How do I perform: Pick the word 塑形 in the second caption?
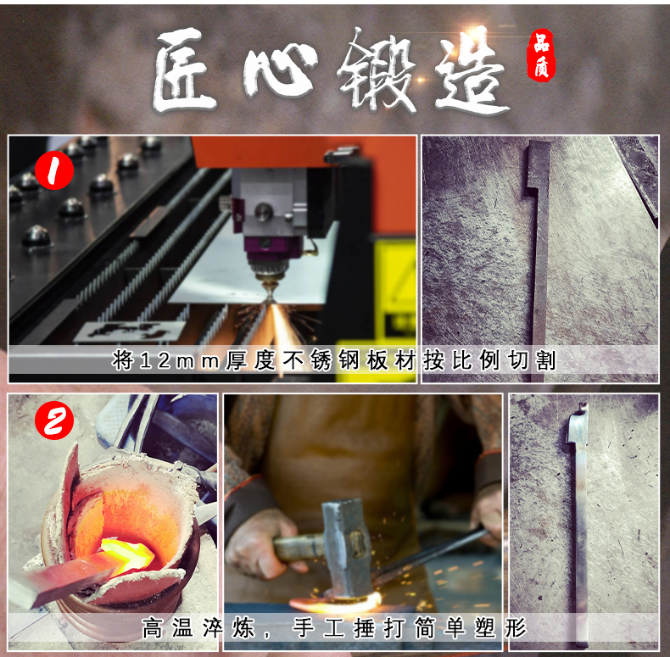pyautogui.click(x=506, y=628)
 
